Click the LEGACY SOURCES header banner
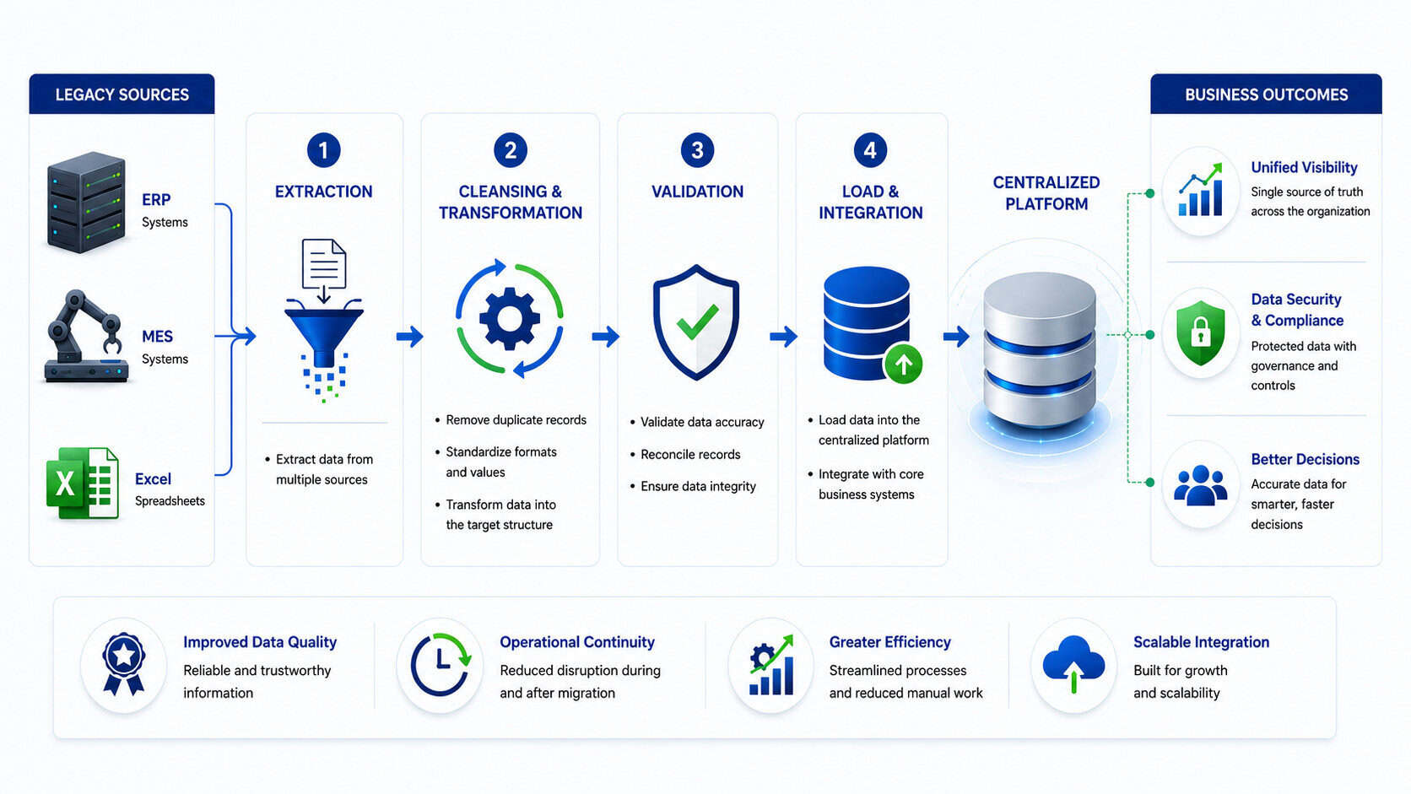[x=122, y=94]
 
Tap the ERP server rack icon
[x=86, y=203]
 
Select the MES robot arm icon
[x=86, y=336]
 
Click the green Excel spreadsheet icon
[x=83, y=483]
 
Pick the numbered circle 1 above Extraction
[x=324, y=150]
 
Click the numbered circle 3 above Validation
[x=697, y=150]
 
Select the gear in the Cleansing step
[x=510, y=319]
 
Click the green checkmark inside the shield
[x=697, y=321]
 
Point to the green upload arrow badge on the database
[x=903, y=364]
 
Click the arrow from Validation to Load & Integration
[x=784, y=336]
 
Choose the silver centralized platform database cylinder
[x=1040, y=350]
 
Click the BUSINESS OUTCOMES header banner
[x=1266, y=94]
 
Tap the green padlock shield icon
[x=1201, y=333]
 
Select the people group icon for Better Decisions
[x=1201, y=485]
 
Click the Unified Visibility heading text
[x=1304, y=167]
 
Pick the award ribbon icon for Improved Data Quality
[x=123, y=664]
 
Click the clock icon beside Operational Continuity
[x=441, y=665]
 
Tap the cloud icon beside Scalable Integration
[x=1074, y=664]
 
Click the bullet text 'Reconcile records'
[x=690, y=455]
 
